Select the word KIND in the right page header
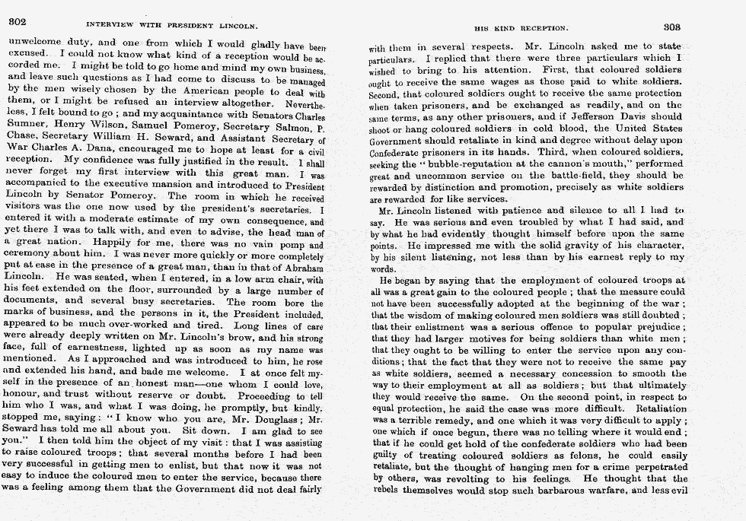[501, 28]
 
